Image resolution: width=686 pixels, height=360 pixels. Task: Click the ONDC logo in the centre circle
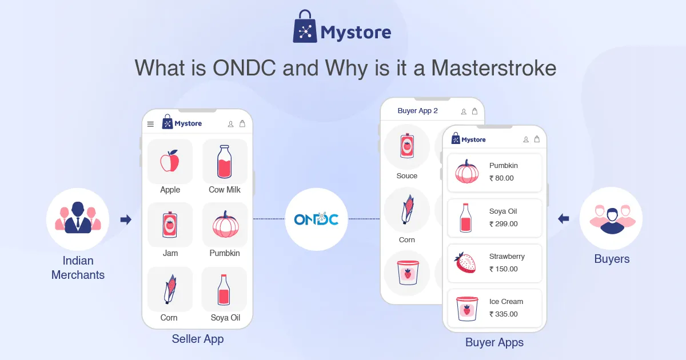316,219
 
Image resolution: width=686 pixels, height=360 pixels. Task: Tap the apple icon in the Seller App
170,161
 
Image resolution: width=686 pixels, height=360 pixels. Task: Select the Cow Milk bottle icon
224,162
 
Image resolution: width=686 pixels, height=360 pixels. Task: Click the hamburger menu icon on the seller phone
150,124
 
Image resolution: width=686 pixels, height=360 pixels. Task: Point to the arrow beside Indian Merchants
126,219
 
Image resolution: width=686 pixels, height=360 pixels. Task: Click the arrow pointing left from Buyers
564,218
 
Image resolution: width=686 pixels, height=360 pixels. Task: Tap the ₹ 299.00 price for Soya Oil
503,224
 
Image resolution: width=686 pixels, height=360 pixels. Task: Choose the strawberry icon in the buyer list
465,262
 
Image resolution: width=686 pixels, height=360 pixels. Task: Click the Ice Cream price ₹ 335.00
503,314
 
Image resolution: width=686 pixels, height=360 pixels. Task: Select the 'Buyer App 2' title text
417,111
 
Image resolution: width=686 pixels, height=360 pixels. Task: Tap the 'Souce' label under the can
406,176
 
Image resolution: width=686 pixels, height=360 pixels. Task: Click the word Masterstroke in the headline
494,68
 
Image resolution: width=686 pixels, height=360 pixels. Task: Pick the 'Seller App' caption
198,339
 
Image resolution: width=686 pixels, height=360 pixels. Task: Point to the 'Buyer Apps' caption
494,342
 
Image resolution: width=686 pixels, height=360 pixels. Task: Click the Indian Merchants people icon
78,217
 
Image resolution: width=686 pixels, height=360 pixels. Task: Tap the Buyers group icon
612,219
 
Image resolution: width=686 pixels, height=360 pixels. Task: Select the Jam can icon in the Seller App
170,225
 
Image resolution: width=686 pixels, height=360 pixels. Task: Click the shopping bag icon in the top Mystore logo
305,26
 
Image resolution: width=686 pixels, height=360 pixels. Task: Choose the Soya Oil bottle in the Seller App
224,290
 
